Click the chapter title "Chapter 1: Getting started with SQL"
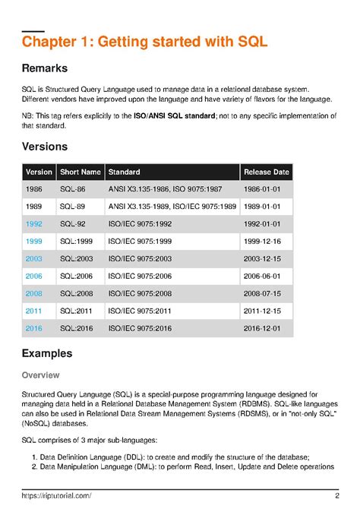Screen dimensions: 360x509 (144, 41)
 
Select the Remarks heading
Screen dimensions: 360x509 (45, 68)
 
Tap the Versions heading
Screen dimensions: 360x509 (45, 146)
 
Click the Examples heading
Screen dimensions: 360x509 (47, 353)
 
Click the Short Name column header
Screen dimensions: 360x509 (80, 172)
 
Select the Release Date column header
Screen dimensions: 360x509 (266, 172)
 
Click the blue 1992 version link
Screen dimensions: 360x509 (33, 224)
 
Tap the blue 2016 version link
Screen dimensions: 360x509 (33, 327)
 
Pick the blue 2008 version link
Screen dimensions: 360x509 (33, 293)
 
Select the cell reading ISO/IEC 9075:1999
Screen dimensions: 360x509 (141, 242)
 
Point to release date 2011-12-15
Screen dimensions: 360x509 (262, 311)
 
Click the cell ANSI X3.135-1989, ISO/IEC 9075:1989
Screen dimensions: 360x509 (172, 207)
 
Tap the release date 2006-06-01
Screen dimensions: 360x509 (262, 276)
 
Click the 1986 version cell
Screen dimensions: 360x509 (33, 190)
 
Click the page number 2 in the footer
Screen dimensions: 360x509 (336, 495)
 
